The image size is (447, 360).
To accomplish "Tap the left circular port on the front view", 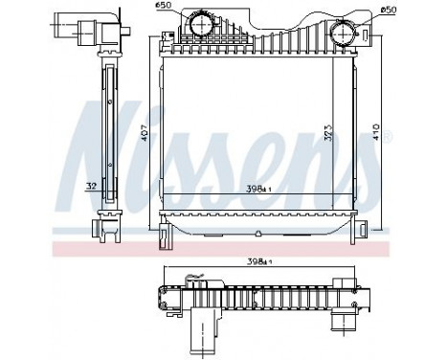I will pos(201,26).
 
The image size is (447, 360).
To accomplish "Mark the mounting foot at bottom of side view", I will pos(103,230).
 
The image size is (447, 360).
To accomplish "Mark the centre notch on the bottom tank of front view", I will pos(259,232).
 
